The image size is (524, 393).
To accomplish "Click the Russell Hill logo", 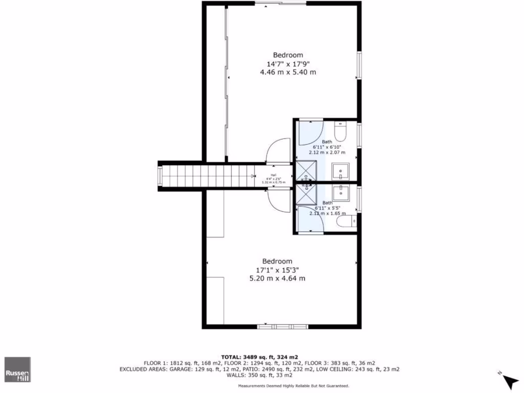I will pyautogui.click(x=18, y=369).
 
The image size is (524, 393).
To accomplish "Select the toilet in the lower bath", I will pyautogui.click(x=349, y=221).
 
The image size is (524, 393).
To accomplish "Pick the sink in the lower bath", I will pyautogui.click(x=340, y=193).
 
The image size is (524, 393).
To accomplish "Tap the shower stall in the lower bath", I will pyautogui.click(x=306, y=194).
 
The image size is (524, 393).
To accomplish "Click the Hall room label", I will pyautogui.click(x=273, y=175).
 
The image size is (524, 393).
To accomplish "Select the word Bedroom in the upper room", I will pyautogui.click(x=288, y=55).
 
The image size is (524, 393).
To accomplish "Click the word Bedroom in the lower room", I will pyautogui.click(x=277, y=261).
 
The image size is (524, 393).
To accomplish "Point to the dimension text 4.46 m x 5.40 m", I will pyautogui.click(x=288, y=72).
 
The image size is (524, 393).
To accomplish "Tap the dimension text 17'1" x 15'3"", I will pyautogui.click(x=277, y=270).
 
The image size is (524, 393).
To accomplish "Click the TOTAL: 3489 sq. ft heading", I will pyautogui.click(x=259, y=357).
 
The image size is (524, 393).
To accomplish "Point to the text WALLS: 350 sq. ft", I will pyautogui.click(x=259, y=375).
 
